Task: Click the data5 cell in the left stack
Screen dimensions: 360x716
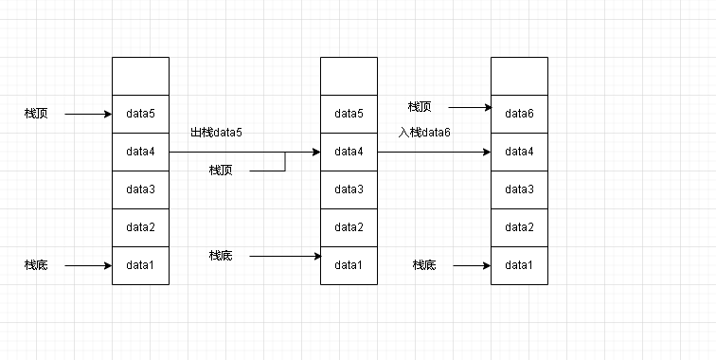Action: pos(140,114)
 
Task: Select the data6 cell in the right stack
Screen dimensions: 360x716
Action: pos(519,114)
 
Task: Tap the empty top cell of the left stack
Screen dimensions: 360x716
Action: pos(140,76)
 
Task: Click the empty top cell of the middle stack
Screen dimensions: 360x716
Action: pos(349,76)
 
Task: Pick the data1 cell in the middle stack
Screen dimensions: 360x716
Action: pos(349,265)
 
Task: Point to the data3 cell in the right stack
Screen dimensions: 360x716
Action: pos(519,189)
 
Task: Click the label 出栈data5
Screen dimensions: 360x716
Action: pos(216,133)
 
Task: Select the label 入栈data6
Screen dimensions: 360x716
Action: pos(424,133)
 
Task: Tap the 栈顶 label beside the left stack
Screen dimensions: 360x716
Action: pos(36,114)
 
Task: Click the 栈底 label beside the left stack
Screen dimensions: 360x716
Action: pos(36,265)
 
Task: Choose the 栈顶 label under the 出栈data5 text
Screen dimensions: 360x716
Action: pos(221,171)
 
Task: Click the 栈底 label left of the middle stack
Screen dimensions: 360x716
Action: pos(221,256)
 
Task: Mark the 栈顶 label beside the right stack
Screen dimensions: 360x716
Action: pos(420,106)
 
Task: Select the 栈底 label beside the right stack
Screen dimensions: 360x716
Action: pos(424,265)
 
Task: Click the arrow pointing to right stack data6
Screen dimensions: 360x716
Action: pos(469,107)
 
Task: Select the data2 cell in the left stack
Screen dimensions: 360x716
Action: pos(140,227)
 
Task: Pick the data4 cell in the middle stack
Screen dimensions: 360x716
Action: pos(349,152)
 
